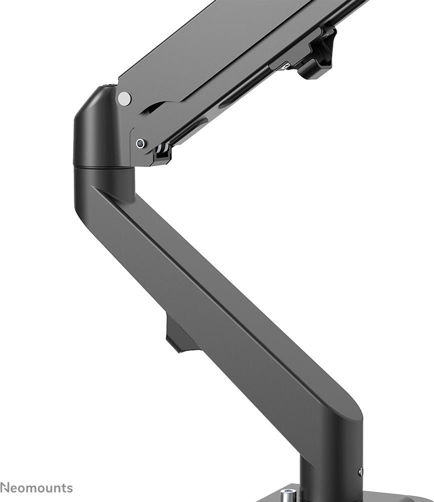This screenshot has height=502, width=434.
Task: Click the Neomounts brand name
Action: point(37,488)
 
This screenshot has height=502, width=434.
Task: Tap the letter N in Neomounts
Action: point(5,488)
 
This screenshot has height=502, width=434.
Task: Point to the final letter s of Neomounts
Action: point(70,488)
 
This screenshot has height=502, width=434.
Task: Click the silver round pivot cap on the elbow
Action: point(124,98)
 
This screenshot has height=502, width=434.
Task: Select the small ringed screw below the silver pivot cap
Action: point(141,143)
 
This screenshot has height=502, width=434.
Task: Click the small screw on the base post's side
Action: point(360,471)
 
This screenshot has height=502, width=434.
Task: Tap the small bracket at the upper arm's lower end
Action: point(161,152)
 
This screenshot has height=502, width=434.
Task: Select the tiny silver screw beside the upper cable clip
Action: point(285,65)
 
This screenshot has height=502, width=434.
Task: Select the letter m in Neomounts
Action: point(35,488)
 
